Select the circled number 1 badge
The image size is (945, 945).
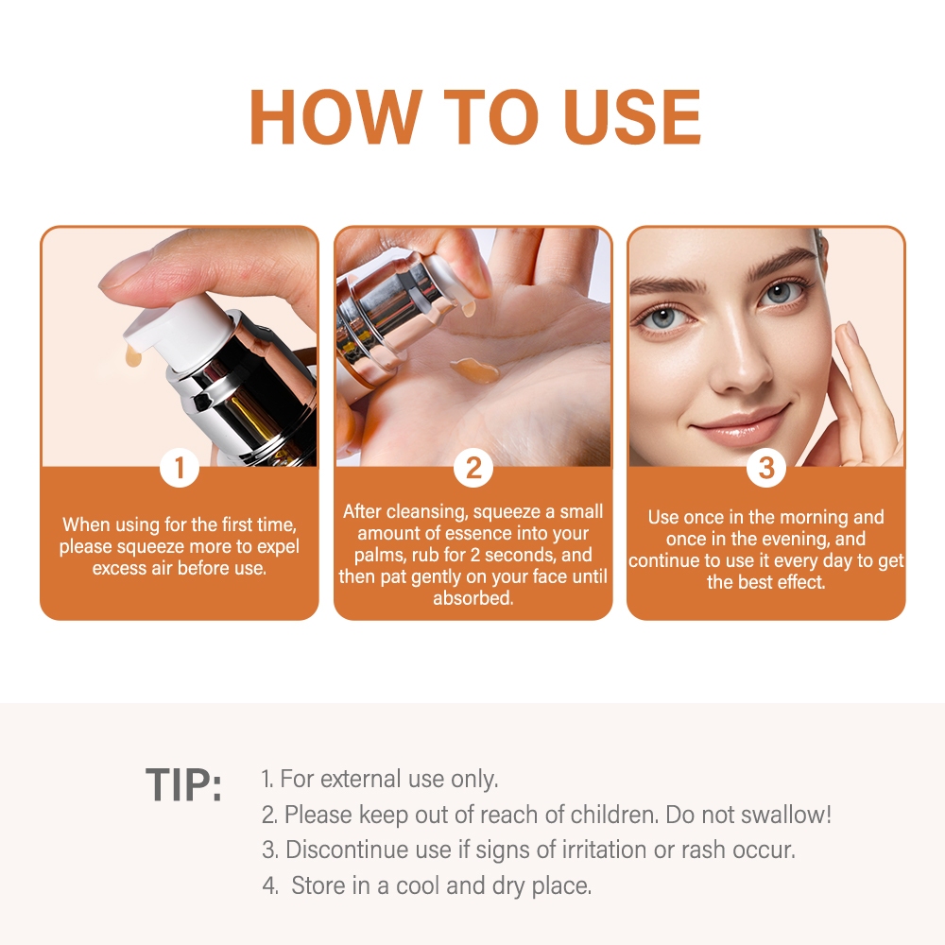tap(180, 468)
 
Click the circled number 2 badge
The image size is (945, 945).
tap(473, 468)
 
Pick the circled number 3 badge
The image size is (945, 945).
tap(766, 468)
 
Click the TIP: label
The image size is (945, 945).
tap(184, 784)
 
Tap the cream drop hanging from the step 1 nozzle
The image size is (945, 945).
tap(133, 357)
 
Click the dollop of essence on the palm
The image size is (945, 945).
tap(473, 369)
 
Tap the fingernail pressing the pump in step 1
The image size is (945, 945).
tap(121, 271)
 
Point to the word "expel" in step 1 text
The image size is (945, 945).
tap(279, 546)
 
